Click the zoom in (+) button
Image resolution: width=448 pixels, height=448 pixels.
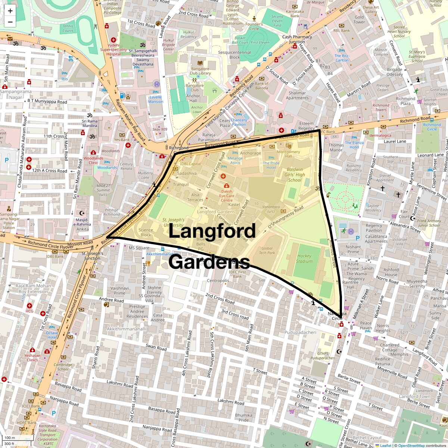[x=10, y=11]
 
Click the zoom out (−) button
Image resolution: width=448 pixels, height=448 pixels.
[x=10, y=22]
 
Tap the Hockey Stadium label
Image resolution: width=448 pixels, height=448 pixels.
[x=304, y=258]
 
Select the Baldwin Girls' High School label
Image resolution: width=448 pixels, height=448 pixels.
[x=295, y=174]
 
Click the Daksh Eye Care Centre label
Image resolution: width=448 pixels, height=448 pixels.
[x=227, y=196]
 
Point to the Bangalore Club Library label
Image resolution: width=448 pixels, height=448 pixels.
[x=200, y=71]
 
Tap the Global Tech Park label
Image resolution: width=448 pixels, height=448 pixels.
[x=267, y=251]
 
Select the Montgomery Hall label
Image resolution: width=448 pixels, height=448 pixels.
[x=288, y=154]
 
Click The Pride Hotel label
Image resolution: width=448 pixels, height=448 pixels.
[x=271, y=165]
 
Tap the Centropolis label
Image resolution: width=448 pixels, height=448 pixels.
[x=218, y=281]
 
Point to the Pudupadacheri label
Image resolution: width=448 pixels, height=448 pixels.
[x=300, y=332]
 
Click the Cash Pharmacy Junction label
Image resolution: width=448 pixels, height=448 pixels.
[x=297, y=39]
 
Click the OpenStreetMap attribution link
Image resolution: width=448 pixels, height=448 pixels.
[x=411, y=445]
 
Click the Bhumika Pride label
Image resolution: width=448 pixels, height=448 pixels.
[x=243, y=417]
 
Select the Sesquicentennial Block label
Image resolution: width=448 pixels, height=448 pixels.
[x=234, y=55]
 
